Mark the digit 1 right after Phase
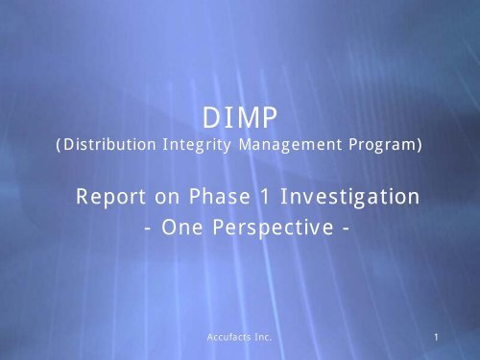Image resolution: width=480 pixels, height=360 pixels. tap(254, 197)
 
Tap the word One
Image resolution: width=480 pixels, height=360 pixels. tap(178, 232)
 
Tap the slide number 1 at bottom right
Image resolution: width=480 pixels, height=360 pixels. tap(436, 338)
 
